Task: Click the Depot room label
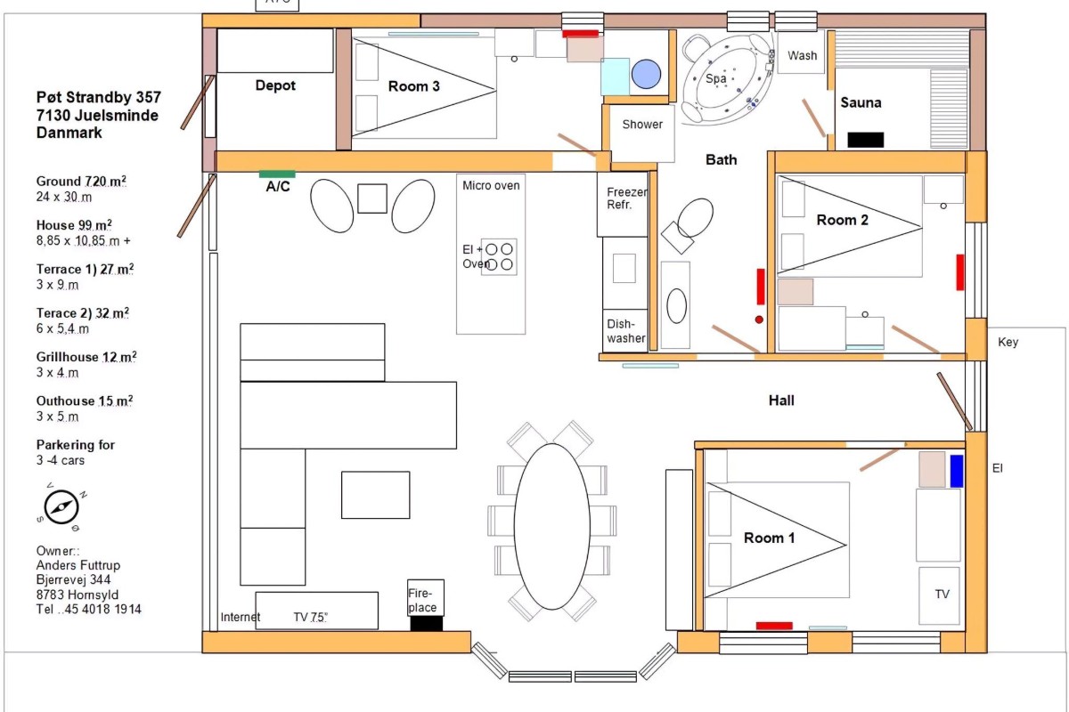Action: tap(275, 85)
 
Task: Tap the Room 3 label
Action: tap(413, 86)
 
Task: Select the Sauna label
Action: tap(861, 102)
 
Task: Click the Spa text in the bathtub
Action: tap(716, 78)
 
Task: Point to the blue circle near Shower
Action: tap(646, 74)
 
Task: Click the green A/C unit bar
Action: tap(277, 174)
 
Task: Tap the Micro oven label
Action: tap(491, 185)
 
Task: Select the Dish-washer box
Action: tap(625, 331)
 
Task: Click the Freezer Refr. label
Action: tap(626, 198)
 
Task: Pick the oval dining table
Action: tap(552, 527)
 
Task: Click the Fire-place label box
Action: tap(426, 598)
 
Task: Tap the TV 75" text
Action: tap(310, 617)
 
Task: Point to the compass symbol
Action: tap(61, 507)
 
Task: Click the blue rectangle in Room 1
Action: tap(957, 471)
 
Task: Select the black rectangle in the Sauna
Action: tap(866, 140)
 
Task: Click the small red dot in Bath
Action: tap(759, 320)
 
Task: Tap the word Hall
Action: tap(781, 400)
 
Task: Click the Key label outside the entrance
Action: tap(1008, 343)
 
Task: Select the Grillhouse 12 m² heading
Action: tap(86, 357)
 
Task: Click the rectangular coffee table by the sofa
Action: tap(376, 495)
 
